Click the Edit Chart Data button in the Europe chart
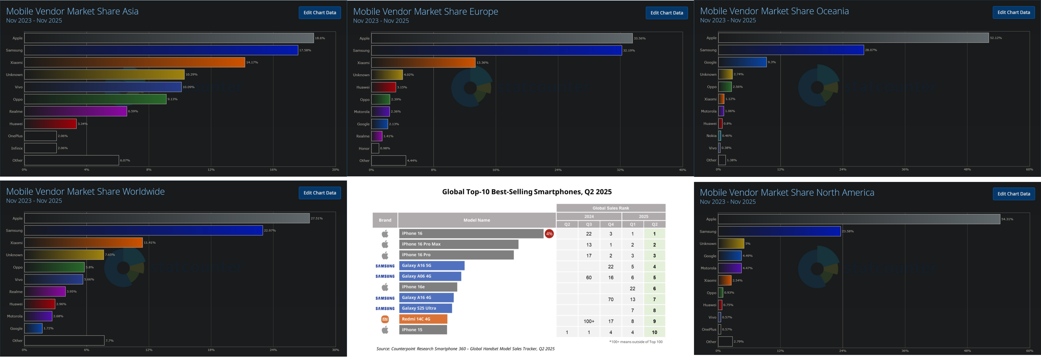click(666, 13)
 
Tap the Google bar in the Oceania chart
click(742, 62)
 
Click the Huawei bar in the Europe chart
click(383, 87)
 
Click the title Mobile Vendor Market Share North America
click(787, 193)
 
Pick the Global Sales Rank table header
click(611, 208)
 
